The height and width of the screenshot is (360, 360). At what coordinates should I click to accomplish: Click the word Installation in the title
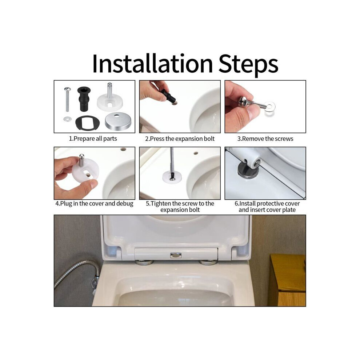tap(153, 63)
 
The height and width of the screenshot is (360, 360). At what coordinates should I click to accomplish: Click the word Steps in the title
tap(248, 65)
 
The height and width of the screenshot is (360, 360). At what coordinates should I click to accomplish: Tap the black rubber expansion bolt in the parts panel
tap(84, 99)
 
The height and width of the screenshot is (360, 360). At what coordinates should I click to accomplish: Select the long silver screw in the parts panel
tap(67, 99)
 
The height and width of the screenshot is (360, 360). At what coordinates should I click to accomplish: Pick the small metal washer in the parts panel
tap(68, 119)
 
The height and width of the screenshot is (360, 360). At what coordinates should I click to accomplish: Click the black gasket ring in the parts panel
tap(88, 122)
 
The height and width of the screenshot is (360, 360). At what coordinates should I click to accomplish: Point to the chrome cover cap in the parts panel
tap(118, 121)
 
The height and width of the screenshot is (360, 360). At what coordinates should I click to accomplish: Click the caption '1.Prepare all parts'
tap(93, 139)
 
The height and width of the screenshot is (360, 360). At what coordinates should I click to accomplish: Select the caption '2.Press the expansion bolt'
tap(180, 139)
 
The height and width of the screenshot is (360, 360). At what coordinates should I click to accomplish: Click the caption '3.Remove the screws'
tap(265, 139)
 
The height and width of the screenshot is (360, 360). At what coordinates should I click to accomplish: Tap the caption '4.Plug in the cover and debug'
tap(94, 204)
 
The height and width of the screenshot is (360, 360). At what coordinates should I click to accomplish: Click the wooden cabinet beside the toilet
tap(287, 280)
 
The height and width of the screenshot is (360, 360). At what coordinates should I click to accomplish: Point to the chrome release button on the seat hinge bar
tap(176, 255)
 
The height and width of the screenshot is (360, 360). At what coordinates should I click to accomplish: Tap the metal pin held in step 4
tap(81, 160)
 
